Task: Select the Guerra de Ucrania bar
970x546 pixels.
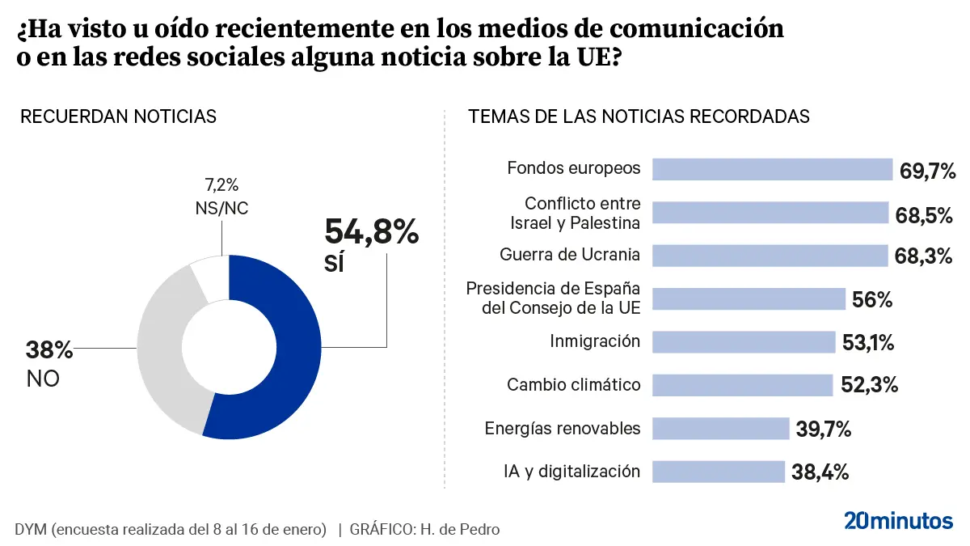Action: (770, 256)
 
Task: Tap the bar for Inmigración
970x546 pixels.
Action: (743, 342)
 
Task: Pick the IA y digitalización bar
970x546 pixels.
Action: (718, 472)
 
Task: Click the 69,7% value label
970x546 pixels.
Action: (928, 171)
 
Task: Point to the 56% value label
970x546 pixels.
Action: (872, 300)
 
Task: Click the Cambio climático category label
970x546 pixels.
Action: (573, 385)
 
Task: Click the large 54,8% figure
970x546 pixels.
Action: (372, 232)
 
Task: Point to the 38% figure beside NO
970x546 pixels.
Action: (49, 351)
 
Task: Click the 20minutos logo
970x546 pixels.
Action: (898, 521)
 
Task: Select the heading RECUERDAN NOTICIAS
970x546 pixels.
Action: (118, 116)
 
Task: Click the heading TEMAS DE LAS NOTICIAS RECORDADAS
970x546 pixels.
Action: (639, 116)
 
